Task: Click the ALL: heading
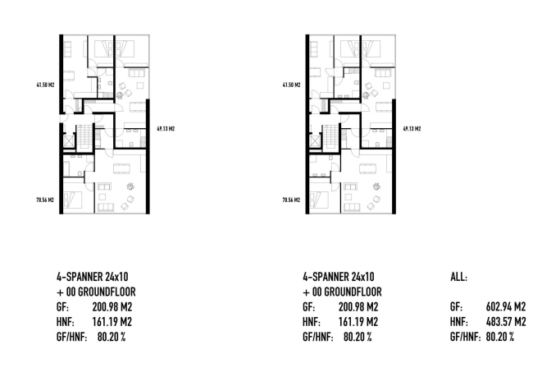pos(458,277)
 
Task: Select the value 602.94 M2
pos(505,307)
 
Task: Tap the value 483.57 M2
pos(505,322)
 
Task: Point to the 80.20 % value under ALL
pos(500,337)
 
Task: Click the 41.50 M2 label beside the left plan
pos(45,85)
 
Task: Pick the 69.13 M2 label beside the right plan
pos(412,129)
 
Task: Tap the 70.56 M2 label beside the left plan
pos(45,200)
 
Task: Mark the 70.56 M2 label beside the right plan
pos(291,200)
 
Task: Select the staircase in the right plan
pos(330,138)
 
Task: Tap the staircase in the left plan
pos(84,138)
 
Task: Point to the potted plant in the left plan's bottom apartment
pos(130,186)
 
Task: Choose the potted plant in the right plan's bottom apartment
pos(376,186)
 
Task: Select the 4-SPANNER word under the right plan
pos(324,277)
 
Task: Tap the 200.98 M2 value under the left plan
pos(112,307)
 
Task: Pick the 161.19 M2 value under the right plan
pos(358,322)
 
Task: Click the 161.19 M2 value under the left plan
pos(112,322)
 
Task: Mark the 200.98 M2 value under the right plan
pos(358,307)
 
